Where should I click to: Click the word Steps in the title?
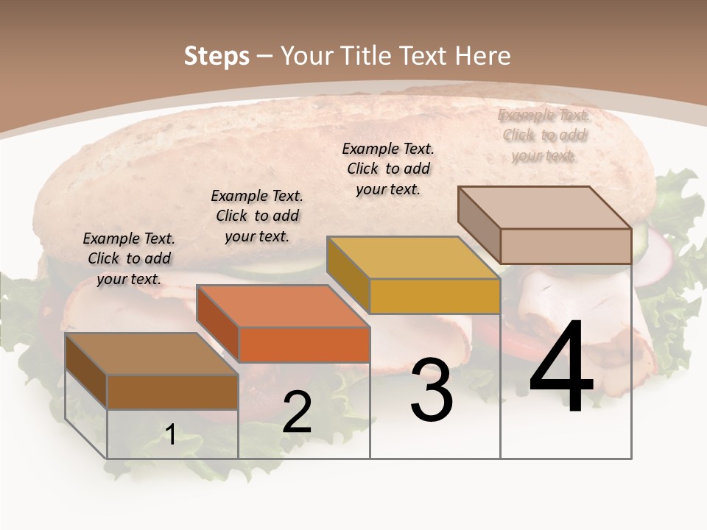pos(217,56)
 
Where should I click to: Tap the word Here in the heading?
pos(482,56)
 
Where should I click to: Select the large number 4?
pos(561,368)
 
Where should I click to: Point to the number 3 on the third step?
pos(432,391)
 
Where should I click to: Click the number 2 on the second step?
pos(297,413)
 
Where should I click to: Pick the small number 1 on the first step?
pos(170,435)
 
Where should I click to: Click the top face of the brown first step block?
pos(152,354)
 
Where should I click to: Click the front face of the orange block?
pos(304,344)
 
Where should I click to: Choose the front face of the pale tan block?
pos(566,246)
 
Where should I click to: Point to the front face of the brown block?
pos(172,392)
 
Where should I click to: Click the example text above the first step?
pos(129,258)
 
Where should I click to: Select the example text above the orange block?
pos(257,216)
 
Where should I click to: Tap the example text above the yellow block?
pos(388,169)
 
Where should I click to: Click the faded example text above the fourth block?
pos(544,135)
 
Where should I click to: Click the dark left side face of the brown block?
pos(86,370)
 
